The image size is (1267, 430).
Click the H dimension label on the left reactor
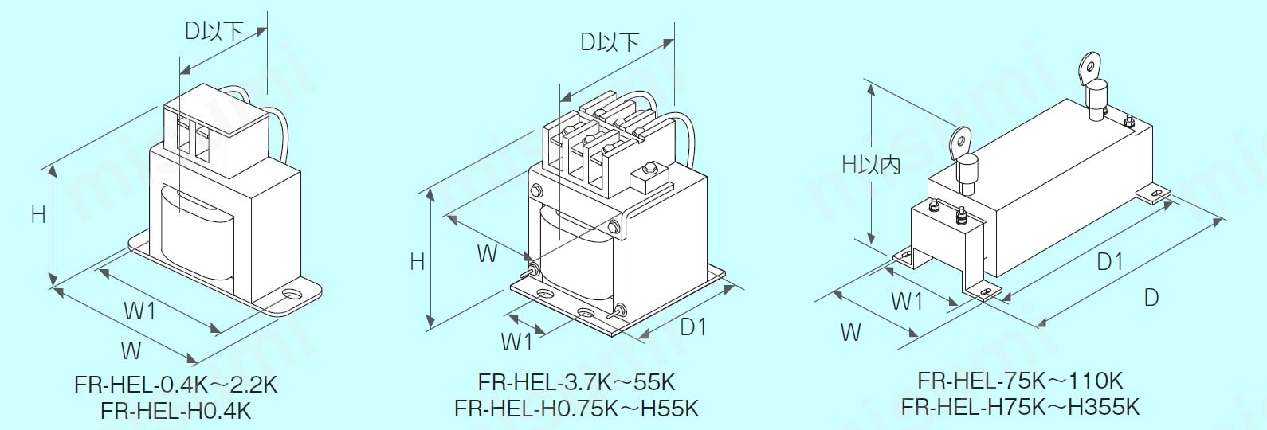(x=37, y=214)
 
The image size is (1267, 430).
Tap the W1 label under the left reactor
(x=139, y=311)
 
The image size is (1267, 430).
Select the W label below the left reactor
(x=131, y=350)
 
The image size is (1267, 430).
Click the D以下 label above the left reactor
(x=214, y=31)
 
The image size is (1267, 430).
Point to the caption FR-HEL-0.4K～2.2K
(x=176, y=385)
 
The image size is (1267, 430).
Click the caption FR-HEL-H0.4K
(x=176, y=411)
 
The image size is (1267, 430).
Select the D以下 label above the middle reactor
(x=610, y=42)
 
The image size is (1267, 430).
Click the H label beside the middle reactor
(x=417, y=261)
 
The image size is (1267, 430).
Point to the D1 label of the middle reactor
(x=692, y=326)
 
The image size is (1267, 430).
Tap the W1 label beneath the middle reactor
(x=516, y=342)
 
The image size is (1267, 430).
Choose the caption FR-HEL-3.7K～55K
(x=576, y=382)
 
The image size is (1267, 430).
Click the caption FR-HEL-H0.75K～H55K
(x=576, y=408)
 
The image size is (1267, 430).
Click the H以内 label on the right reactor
(x=871, y=164)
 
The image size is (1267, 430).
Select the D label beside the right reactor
(x=1151, y=297)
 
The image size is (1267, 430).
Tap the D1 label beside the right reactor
(x=1109, y=261)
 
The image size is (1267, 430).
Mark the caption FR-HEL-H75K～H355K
(x=1020, y=406)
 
